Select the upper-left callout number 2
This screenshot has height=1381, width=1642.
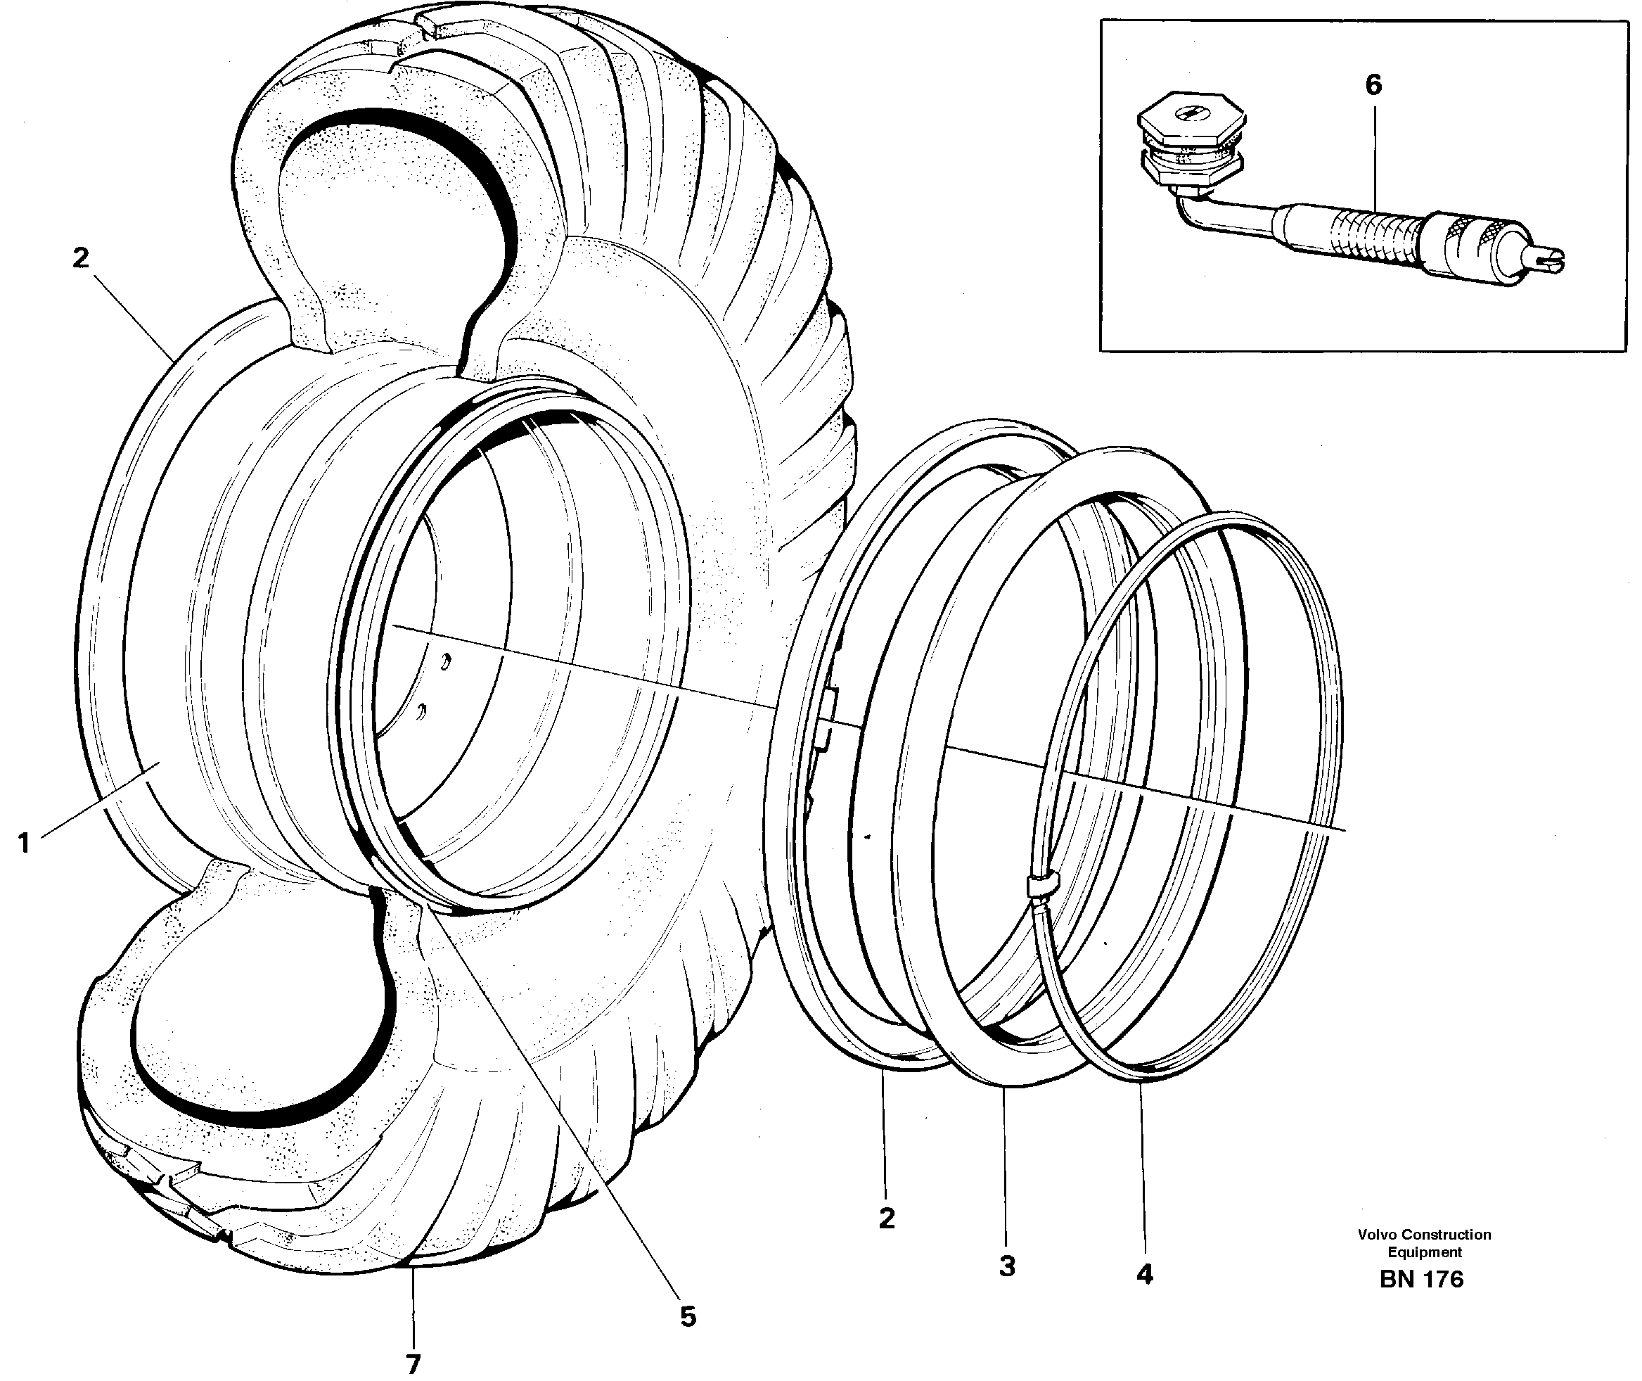coord(81,257)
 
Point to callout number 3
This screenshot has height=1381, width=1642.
coord(1006,1266)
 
